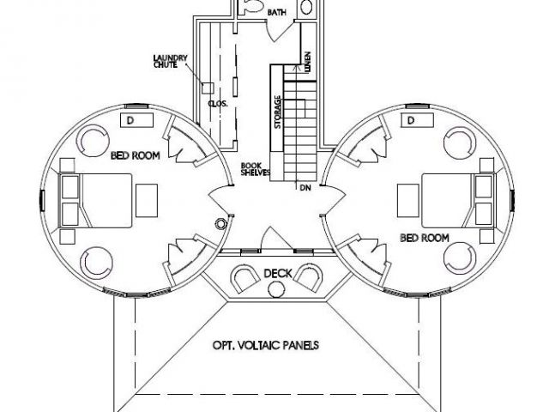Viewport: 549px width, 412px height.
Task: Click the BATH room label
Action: pyautogui.click(x=277, y=13)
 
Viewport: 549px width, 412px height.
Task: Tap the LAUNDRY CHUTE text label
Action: pyautogui.click(x=171, y=61)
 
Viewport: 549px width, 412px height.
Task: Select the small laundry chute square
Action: pyautogui.click(x=208, y=88)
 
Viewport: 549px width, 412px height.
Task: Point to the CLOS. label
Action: pyautogui.click(x=218, y=104)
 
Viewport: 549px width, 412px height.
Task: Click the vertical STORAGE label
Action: pyautogui.click(x=278, y=112)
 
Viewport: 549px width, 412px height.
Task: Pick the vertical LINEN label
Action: pyautogui.click(x=307, y=62)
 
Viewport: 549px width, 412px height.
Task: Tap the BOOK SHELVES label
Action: pyautogui.click(x=256, y=169)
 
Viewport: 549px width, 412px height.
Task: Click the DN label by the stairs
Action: pyautogui.click(x=305, y=188)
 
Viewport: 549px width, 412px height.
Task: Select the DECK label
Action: pyautogui.click(x=278, y=273)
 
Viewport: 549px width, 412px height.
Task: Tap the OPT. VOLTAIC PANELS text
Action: pyautogui.click(x=266, y=345)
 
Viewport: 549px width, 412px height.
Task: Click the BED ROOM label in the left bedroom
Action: pyautogui.click(x=136, y=155)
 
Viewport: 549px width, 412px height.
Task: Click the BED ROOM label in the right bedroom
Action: pyautogui.click(x=425, y=239)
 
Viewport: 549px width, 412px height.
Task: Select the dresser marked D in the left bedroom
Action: pyautogui.click(x=136, y=120)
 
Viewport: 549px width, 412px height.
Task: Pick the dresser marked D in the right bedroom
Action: pyautogui.click(x=418, y=120)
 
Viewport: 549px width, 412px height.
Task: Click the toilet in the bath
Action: pyautogui.click(x=251, y=6)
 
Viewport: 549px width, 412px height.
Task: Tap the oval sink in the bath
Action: pyautogui.click(x=306, y=6)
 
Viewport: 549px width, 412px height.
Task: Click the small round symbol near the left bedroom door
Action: pyautogui.click(x=220, y=223)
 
